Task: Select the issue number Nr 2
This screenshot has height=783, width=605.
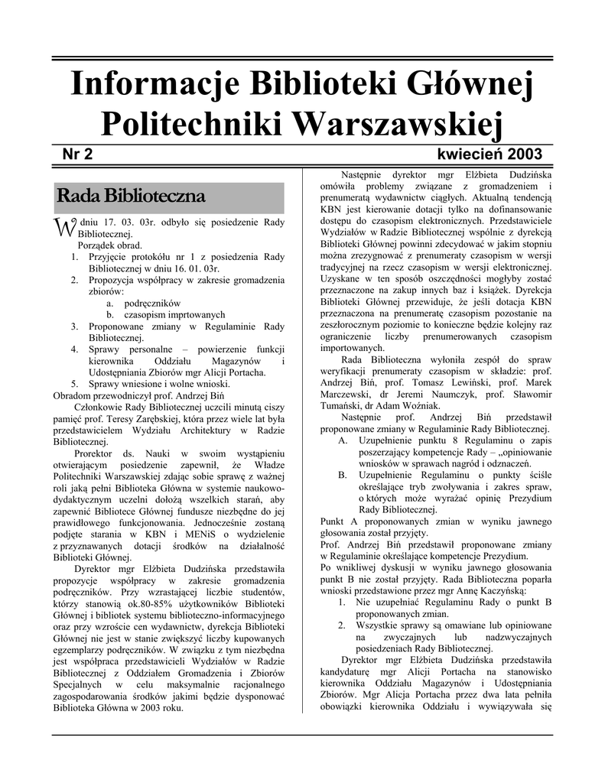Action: point(77,154)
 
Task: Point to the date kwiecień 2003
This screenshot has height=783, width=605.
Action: point(490,154)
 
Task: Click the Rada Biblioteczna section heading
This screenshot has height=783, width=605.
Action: point(131,196)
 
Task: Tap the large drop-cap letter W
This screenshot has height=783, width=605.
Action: point(62,227)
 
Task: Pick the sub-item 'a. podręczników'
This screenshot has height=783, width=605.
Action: point(143,303)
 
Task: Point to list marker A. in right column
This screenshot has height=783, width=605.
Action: point(343,441)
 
